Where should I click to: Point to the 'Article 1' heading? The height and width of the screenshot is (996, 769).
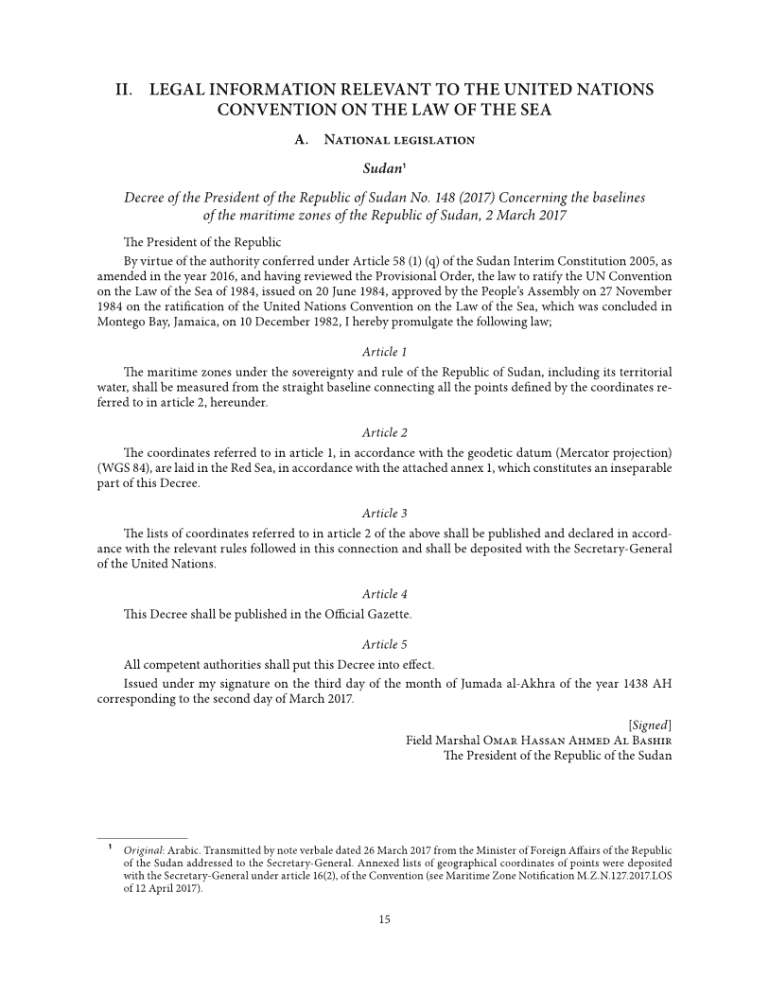click(384, 352)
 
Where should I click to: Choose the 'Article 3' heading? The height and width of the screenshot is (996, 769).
click(384, 513)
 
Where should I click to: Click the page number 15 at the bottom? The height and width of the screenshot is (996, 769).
click(384, 919)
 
